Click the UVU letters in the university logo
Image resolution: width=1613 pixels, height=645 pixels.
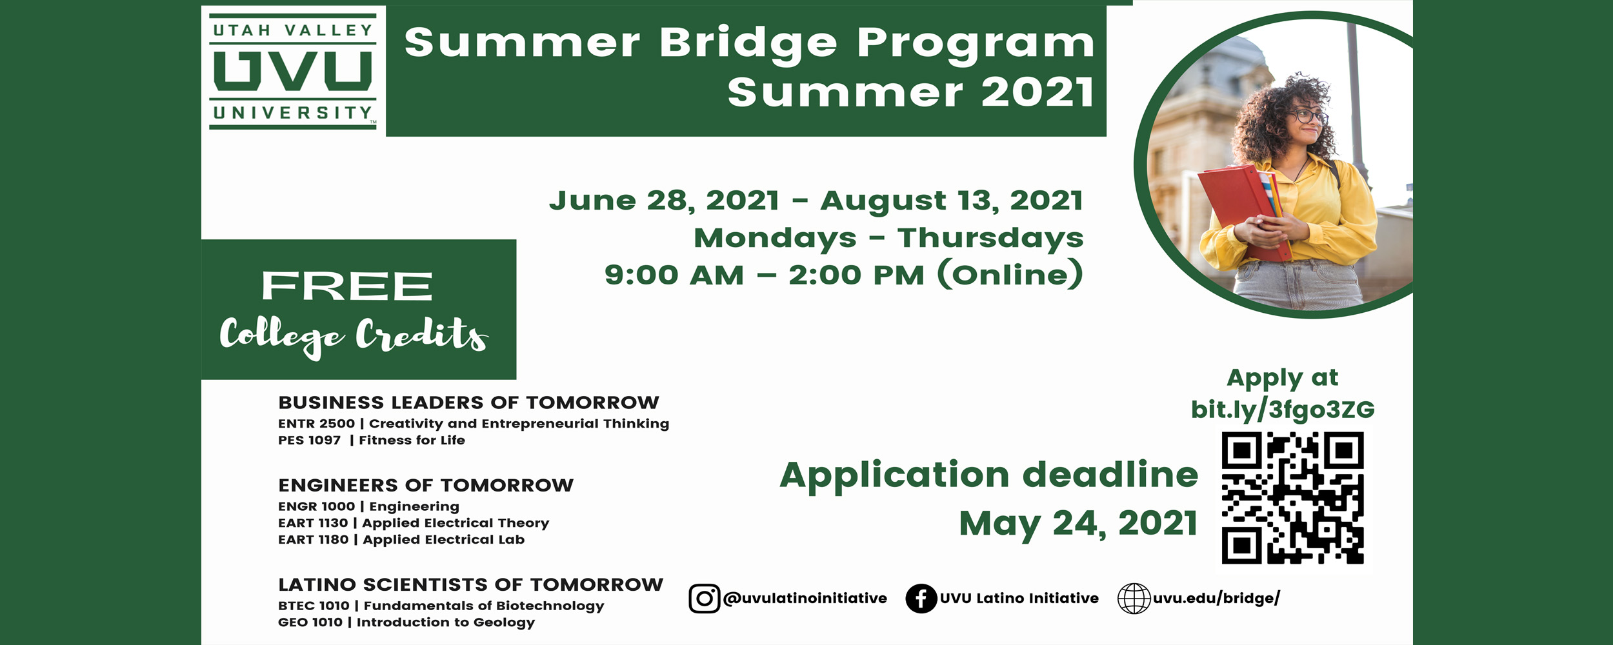(293, 71)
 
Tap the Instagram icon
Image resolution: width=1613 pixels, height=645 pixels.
(704, 598)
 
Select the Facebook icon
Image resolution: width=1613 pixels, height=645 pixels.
(921, 598)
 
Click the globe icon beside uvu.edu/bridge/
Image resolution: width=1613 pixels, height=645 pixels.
(1134, 598)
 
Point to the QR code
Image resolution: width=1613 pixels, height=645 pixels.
(1292, 498)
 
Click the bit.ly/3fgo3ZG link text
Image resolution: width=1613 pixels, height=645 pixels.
(1283, 410)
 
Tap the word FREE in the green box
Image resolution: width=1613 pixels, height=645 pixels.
(347, 286)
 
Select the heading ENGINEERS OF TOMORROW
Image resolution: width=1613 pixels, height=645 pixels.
(426, 485)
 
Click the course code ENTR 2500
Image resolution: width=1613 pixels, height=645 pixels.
(316, 424)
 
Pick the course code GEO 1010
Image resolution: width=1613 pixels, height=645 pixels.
(310, 622)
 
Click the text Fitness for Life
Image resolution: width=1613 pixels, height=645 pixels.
(412, 441)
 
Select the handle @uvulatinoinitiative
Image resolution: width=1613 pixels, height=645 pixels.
(805, 599)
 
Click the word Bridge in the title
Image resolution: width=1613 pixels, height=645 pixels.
(748, 43)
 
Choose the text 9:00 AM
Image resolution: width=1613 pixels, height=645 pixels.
(674, 275)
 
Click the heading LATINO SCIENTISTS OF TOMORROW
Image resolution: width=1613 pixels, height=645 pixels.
(471, 584)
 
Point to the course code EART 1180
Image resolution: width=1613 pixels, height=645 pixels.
(313, 540)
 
